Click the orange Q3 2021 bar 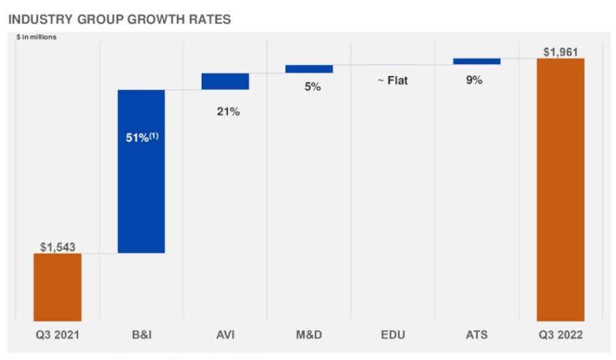point(57,287)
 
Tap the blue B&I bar point(141,171)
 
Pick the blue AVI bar point(225,81)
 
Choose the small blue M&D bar point(309,69)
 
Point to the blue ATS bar point(476,61)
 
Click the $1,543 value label point(58,247)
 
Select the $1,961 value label point(561,52)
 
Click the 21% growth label point(228,112)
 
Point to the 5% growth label point(312,88)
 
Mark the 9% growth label point(474,80)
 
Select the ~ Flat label point(392,81)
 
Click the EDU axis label point(392,335)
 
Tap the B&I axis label point(141,335)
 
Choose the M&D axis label point(309,335)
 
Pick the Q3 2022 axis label point(560,335)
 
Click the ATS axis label point(476,335)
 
